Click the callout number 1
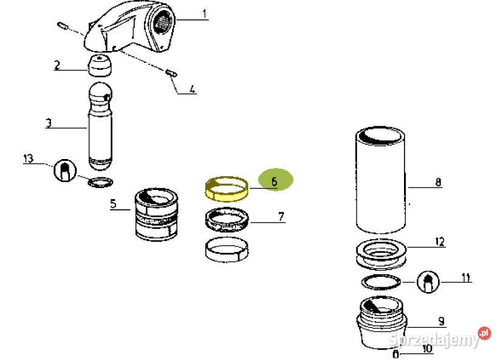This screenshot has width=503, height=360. (x=204, y=13)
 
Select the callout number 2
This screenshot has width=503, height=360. (x=56, y=65)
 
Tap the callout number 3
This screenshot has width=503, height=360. (x=49, y=124)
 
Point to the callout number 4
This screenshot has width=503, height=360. (x=192, y=90)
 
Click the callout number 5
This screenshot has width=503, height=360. (x=114, y=204)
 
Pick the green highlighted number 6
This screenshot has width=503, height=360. (x=275, y=181)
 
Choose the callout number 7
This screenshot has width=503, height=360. (x=281, y=217)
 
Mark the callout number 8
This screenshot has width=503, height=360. (x=439, y=182)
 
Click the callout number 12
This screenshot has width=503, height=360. (x=439, y=242)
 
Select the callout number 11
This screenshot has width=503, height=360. (x=466, y=278)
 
